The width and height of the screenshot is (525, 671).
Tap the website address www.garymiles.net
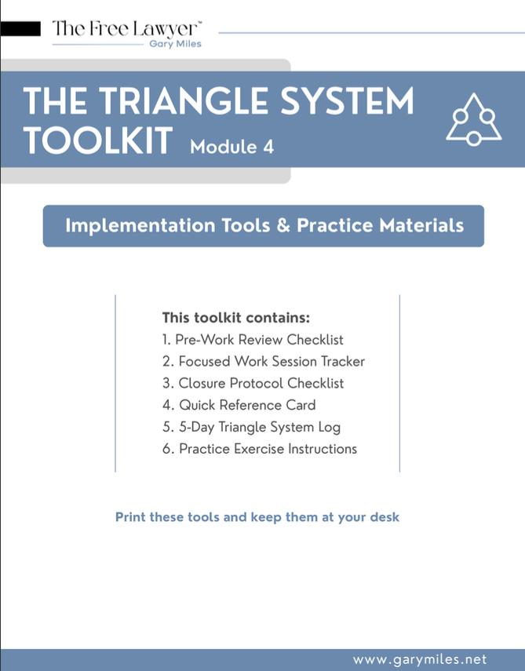pos(420,659)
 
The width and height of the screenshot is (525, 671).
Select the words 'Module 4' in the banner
pos(232,148)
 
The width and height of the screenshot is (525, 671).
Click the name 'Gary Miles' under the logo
pos(176,44)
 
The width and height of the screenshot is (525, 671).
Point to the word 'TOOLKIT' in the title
pos(98,140)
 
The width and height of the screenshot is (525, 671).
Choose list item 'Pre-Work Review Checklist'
pos(253,340)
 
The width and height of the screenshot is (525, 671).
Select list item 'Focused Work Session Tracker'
pos(264,362)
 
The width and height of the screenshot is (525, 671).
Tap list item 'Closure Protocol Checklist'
pos(253,384)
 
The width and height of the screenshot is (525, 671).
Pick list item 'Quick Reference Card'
pos(239,405)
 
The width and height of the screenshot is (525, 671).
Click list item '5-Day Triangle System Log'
pos(251,427)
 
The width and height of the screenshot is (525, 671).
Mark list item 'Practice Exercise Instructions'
pos(259,449)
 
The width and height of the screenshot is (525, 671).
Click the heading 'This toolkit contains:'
pos(235,318)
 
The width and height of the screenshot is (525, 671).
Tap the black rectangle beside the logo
pos(20,29)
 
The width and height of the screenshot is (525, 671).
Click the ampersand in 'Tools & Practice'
pos(283,225)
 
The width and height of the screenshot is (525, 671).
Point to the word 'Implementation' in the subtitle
pos(140,226)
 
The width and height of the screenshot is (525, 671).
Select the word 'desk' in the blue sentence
pos(385,517)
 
